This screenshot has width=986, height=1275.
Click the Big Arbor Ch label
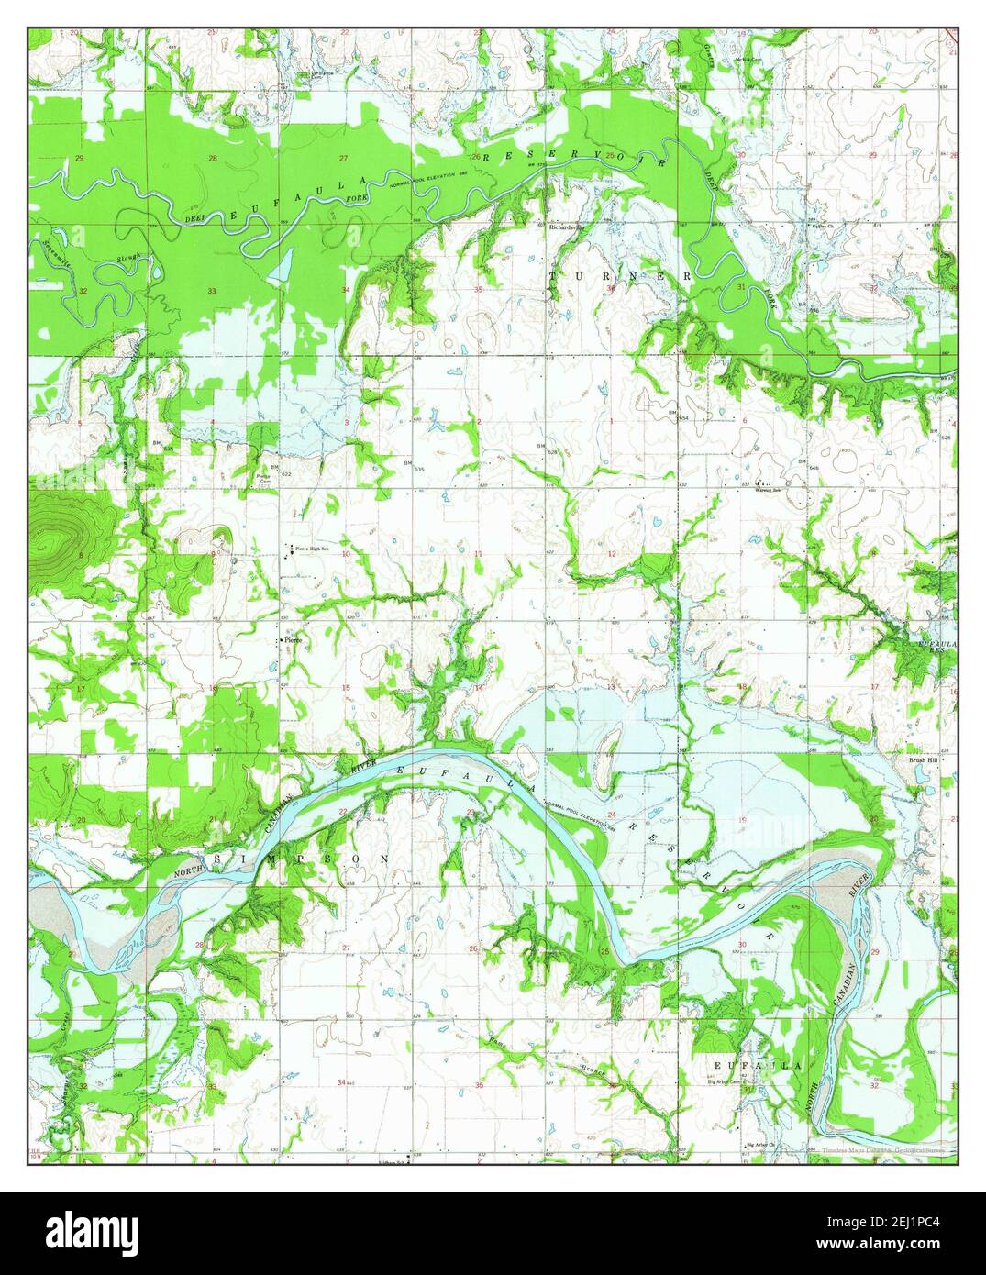point(760,1145)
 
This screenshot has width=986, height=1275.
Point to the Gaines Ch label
point(819,225)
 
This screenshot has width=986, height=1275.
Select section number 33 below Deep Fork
point(213,291)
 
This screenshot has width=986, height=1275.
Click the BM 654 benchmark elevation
point(677,417)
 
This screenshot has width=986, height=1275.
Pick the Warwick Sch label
point(767,490)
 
